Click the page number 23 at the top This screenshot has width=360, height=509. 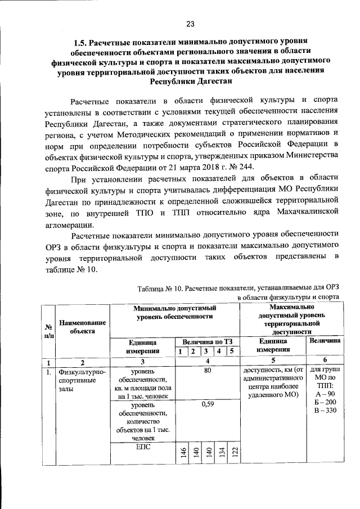click(x=190, y=23)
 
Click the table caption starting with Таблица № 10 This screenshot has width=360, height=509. click(x=238, y=289)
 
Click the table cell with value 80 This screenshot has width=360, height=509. click(x=207, y=371)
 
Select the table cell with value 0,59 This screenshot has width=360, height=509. click(x=207, y=404)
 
